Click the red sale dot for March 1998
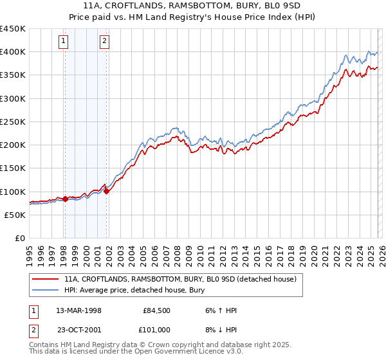65,199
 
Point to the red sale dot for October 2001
106,192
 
